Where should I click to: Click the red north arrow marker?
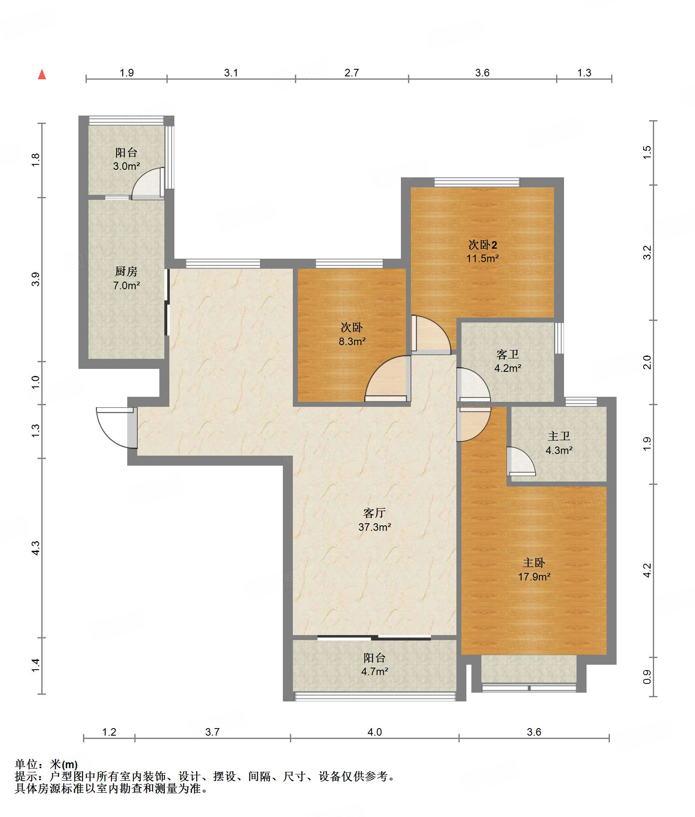[42, 74]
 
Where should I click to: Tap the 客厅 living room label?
[374, 513]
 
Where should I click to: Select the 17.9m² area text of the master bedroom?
[534, 577]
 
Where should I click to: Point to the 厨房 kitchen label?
[126, 272]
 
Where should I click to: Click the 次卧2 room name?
[482, 245]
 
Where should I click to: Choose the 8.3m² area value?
[352, 341]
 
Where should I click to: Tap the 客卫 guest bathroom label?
[507, 355]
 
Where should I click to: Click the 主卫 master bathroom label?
[559, 436]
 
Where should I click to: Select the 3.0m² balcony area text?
[126, 166]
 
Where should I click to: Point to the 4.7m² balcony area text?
[375, 671]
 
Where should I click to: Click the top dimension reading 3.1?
[231, 73]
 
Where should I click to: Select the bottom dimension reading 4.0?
[375, 732]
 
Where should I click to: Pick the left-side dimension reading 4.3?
[36, 547]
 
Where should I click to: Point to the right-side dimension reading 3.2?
[647, 252]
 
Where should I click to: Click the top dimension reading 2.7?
[352, 73]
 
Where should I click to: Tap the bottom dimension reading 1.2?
[109, 732]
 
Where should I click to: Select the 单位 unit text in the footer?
[26, 764]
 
